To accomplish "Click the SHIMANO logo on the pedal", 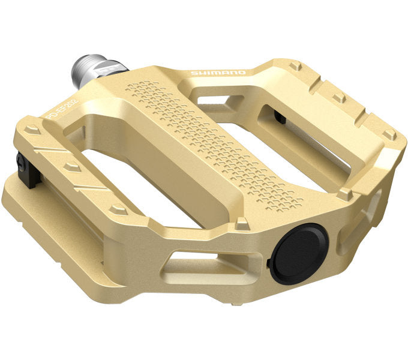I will (217, 73).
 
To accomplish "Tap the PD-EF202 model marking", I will (62, 109).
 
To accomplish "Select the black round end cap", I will (298, 253).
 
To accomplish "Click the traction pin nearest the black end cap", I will (242, 223).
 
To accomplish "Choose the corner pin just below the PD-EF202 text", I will (33, 128).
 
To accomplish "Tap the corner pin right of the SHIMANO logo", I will (295, 65).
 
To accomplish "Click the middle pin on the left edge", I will (73, 166).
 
